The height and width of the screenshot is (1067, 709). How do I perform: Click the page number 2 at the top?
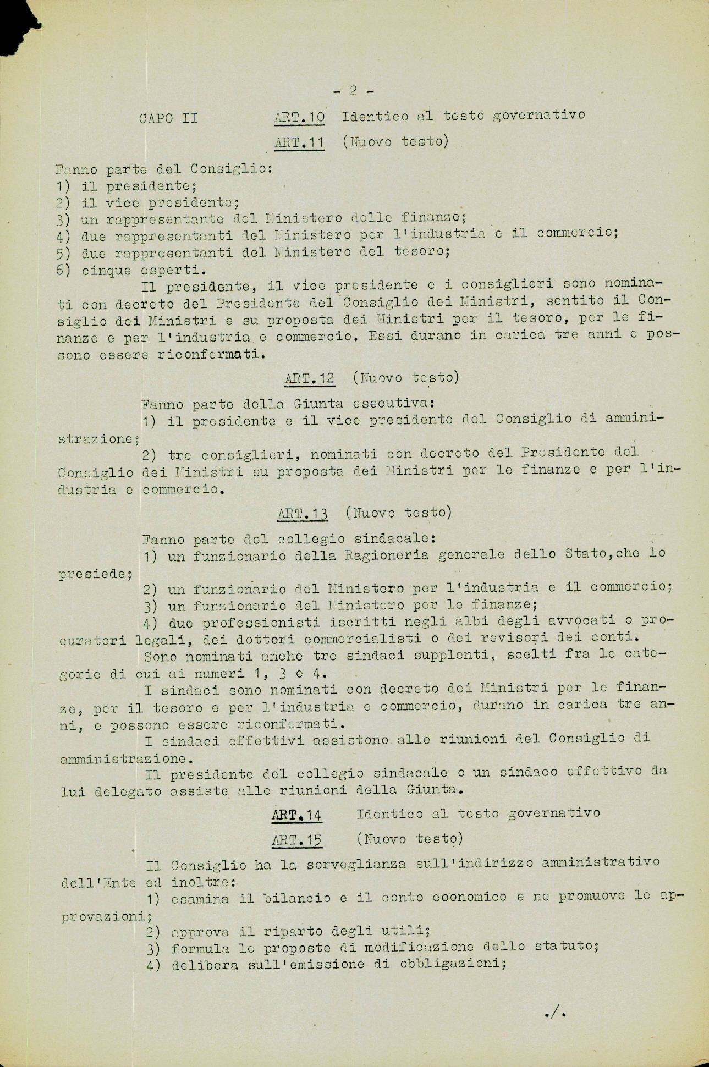click(354, 90)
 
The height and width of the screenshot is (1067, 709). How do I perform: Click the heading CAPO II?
click(168, 118)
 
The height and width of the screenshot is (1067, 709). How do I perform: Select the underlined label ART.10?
click(299, 117)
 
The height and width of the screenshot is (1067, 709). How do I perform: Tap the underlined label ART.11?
click(299, 142)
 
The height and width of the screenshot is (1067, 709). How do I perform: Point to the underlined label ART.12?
click(310, 378)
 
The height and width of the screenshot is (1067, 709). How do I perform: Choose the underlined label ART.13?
click(303, 514)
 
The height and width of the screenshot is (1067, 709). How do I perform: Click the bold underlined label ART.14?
click(296, 815)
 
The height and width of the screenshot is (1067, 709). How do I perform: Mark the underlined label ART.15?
click(296, 840)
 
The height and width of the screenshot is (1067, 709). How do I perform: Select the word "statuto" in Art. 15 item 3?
click(564, 946)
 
